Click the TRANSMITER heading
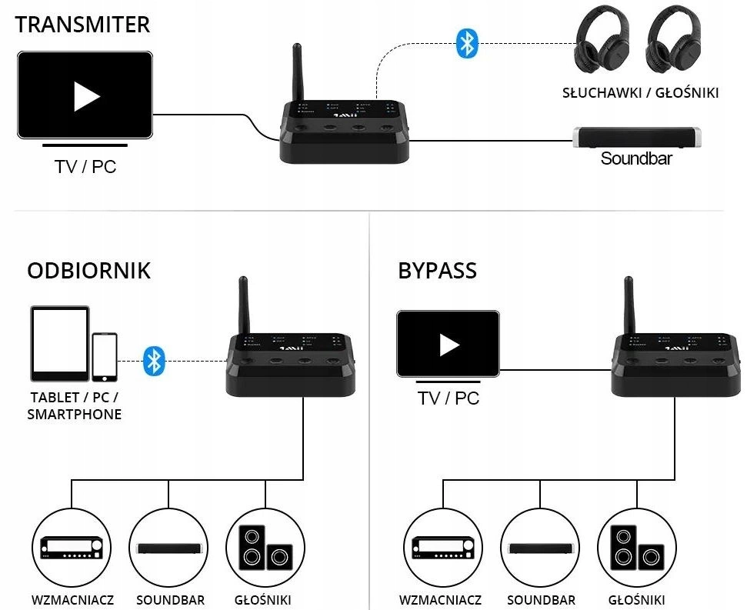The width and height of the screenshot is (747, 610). pyautogui.click(x=82, y=25)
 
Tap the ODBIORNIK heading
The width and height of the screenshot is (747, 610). pyautogui.click(x=88, y=271)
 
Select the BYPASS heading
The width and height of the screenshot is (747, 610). pyautogui.click(x=437, y=271)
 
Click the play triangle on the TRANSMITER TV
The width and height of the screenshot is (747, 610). pyautogui.click(x=85, y=95)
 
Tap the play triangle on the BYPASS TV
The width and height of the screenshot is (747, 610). pyautogui.click(x=449, y=344)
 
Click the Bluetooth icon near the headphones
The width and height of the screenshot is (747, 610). pyautogui.click(x=467, y=43)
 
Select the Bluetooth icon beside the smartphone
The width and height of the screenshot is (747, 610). pyautogui.click(x=155, y=360)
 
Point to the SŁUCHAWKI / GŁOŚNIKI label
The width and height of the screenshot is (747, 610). pyautogui.click(x=640, y=93)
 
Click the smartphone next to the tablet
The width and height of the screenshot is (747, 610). pyautogui.click(x=105, y=356)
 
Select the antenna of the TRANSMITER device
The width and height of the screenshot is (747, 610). pyautogui.click(x=296, y=75)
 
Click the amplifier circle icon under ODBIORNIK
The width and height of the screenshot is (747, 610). pyautogui.click(x=71, y=547)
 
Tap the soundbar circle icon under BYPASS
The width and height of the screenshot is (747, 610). pyautogui.click(x=540, y=547)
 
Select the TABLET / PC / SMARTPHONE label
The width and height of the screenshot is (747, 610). pyautogui.click(x=75, y=406)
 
